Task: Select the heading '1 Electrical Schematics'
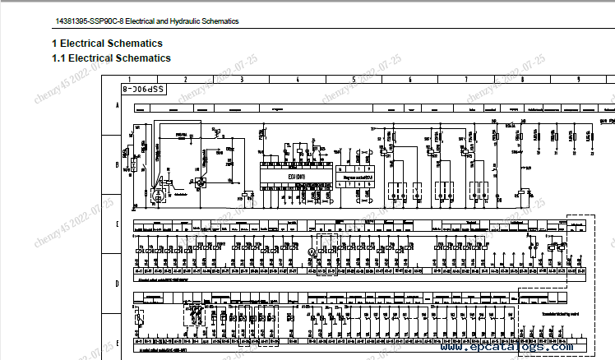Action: pyautogui.click(x=107, y=44)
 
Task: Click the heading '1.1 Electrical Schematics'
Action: pyautogui.click(x=111, y=58)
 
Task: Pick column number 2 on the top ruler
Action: pyautogui.click(x=186, y=79)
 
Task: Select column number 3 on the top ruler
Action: pyautogui.click(x=242, y=79)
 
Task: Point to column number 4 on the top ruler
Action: pyautogui.click(x=298, y=79)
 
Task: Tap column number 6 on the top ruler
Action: pyautogui.click(x=409, y=79)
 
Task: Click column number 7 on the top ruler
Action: pyautogui.click(x=466, y=79)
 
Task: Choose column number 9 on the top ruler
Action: pyautogui.click(x=579, y=79)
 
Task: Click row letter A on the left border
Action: pyautogui.click(x=118, y=107)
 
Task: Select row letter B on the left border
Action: pyautogui.click(x=118, y=165)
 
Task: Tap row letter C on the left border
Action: pyautogui.click(x=118, y=224)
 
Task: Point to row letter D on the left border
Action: pyautogui.click(x=118, y=284)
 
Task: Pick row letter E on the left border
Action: pyautogui.click(x=118, y=343)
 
